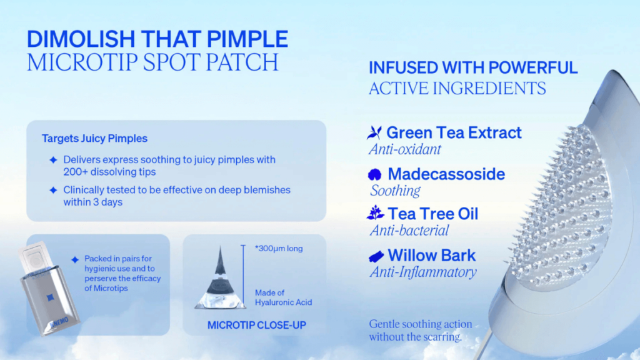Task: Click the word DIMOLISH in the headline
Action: [81, 39]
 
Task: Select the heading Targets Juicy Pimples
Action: [94, 138]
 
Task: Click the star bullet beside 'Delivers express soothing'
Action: [54, 159]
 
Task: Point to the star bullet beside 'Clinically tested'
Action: [54, 190]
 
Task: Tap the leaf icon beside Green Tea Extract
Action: [374, 132]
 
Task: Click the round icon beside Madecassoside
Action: [375, 174]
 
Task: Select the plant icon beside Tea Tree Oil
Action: [376, 212]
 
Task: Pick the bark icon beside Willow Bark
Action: [376, 256]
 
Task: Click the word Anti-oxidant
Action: [405, 149]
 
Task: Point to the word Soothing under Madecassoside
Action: [395, 191]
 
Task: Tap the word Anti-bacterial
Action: [409, 231]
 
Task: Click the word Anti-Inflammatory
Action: [423, 272]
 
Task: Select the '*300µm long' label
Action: [279, 249]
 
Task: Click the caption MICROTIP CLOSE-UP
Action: [257, 325]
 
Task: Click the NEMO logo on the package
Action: [59, 322]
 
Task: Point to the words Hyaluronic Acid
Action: [283, 302]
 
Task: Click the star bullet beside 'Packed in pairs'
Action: [75, 259]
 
